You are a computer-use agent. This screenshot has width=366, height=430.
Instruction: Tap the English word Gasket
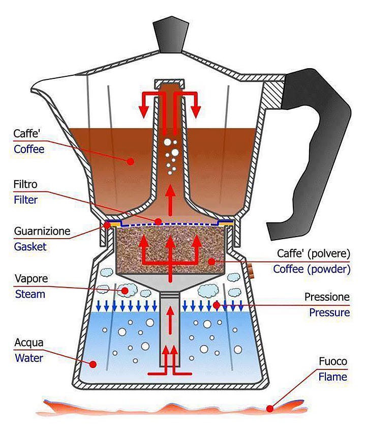point(30,246)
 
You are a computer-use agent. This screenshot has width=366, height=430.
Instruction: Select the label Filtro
point(26,184)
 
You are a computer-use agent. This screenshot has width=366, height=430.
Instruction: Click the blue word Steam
point(30,294)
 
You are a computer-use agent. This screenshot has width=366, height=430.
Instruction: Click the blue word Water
point(29,357)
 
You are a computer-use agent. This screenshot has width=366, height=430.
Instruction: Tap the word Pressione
point(327,296)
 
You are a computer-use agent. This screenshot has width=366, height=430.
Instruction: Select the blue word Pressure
point(329,312)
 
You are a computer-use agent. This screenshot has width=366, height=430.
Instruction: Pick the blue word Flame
point(333,377)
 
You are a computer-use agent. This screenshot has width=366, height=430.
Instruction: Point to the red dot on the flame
point(270,408)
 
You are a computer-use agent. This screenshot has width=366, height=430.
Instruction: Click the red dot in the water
point(93,364)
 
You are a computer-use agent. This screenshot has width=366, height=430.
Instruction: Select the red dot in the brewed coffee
point(131,161)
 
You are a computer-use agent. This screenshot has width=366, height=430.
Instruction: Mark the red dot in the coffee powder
point(210,262)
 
